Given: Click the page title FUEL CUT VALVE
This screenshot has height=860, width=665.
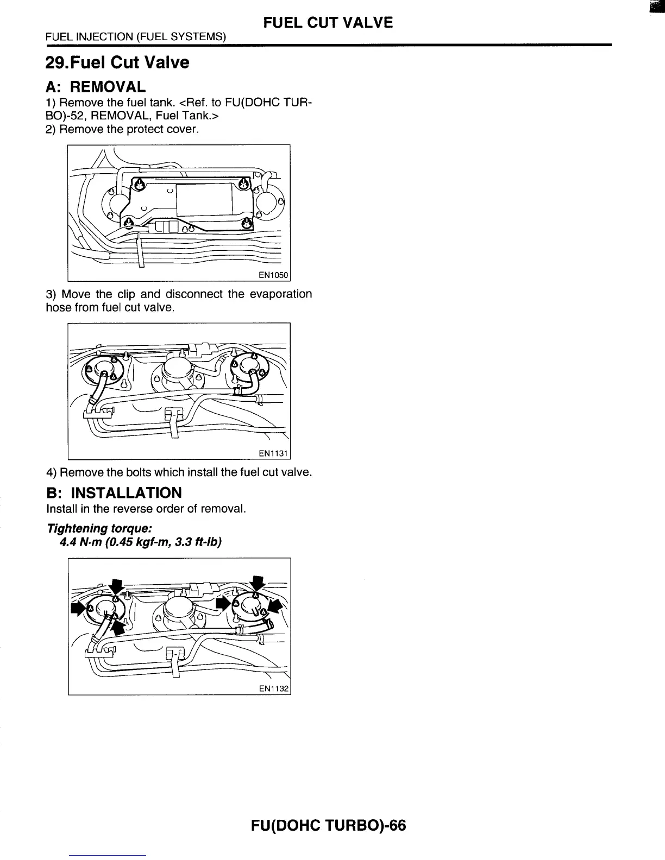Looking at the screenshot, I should [328, 22].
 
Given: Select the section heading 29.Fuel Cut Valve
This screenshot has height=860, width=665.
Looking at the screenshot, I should [117, 62].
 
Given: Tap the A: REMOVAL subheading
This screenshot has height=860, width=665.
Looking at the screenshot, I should [96, 87].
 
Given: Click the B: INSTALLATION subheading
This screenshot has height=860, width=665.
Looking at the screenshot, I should [114, 493].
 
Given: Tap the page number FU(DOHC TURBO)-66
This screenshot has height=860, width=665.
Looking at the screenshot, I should [328, 826].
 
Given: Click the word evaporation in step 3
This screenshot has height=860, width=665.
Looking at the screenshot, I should [281, 294].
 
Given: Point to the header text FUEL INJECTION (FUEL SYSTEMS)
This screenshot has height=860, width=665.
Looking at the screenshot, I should [136, 37].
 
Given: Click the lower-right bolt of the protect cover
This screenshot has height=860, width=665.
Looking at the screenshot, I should [247, 222].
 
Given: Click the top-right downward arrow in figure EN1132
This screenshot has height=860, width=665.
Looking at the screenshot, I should [259, 582].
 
